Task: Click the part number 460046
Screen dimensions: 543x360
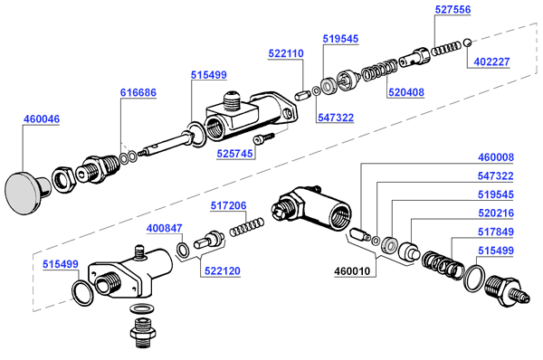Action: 42,118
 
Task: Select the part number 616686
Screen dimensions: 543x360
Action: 138,92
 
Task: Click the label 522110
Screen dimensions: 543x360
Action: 286,53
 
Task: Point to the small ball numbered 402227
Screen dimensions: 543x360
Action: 467,43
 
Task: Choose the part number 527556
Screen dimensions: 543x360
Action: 453,9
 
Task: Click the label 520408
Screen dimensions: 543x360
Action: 405,92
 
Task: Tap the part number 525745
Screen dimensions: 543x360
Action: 234,154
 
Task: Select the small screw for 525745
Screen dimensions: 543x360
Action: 263,138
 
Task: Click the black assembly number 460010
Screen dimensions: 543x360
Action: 352,271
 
